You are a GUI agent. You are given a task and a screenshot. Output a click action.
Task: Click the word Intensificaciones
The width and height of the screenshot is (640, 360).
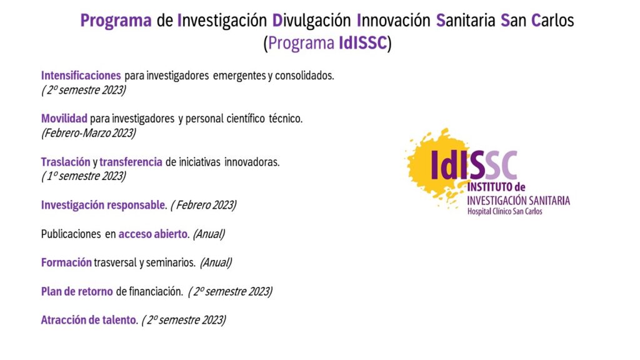81,76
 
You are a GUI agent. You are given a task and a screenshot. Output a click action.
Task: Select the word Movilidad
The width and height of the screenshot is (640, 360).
64,119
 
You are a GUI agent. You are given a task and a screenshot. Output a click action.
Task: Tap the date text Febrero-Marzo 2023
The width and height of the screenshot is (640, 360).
89,133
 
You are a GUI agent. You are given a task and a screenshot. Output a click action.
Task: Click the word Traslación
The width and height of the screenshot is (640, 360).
65,162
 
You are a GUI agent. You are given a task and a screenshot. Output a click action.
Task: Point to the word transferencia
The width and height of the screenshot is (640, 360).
131,162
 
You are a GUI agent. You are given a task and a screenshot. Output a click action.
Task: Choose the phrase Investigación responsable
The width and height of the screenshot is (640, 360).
103,205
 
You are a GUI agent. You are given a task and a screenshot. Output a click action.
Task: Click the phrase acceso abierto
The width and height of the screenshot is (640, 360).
153,234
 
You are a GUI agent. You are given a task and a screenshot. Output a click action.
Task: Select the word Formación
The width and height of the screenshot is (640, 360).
66,262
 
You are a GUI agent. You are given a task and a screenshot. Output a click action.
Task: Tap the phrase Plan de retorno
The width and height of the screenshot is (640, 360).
77,291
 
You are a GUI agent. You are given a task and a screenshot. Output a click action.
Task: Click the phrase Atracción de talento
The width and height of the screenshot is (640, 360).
88,320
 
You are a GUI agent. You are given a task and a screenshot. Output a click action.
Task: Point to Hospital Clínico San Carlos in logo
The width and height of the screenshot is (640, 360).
505,211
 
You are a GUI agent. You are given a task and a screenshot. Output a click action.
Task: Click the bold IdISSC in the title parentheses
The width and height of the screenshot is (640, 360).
363,43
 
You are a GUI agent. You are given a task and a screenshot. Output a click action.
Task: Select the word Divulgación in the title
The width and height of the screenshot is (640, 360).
311,21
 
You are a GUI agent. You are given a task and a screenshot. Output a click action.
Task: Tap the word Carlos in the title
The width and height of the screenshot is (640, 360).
552,20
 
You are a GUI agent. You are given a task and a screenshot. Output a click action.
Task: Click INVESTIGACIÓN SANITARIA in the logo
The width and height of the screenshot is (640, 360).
518,201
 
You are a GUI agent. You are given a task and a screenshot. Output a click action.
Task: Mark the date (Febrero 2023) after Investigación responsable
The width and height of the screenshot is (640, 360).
204,205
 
